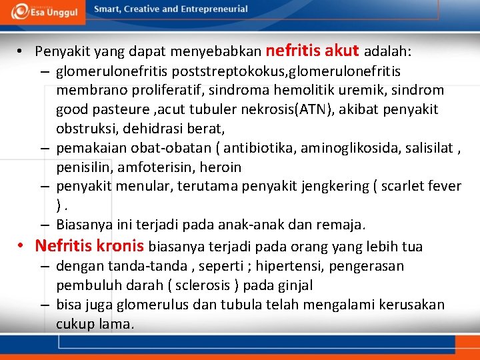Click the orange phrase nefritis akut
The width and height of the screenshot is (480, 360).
[x=312, y=50]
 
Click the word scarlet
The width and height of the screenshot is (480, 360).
[x=409, y=186]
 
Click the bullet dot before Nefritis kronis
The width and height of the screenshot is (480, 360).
[x=22, y=246]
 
